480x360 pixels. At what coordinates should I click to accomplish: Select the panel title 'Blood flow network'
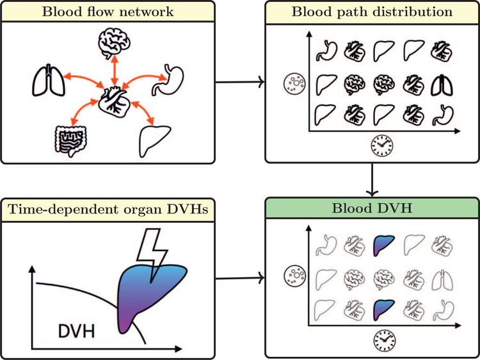pos(108,11)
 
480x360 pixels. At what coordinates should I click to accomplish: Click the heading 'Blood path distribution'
pos(372,11)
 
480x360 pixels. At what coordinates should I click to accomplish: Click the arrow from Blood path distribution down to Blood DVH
pos(372,180)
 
